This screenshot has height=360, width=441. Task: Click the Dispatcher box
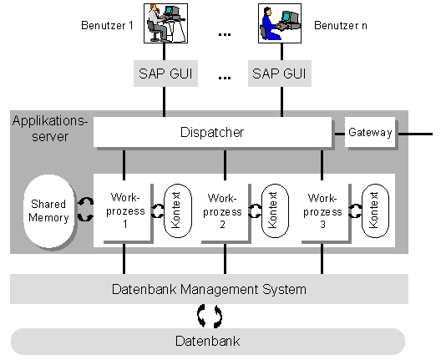coord(213,132)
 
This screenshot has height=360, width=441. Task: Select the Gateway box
coord(370,132)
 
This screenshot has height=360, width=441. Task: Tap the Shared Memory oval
coord(49,211)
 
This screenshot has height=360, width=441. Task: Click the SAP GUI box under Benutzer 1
coord(165,74)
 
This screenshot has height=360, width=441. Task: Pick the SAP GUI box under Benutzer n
coord(280,74)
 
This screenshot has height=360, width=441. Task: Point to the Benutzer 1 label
coord(107,26)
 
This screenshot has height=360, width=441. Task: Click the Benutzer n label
coord(341,26)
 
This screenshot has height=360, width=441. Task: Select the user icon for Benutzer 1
coord(165,23)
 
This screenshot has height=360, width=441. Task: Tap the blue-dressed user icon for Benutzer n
coord(280,23)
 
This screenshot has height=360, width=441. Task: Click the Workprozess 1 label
coord(125,210)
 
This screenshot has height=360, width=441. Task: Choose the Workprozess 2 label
coord(222,211)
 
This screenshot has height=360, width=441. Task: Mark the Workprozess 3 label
coord(322,211)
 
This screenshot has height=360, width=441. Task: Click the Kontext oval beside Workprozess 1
coord(178,210)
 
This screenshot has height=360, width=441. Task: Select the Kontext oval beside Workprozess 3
coord(376,210)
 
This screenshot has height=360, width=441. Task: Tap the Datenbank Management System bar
coord(210,289)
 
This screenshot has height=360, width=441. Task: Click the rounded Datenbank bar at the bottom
coord(208,342)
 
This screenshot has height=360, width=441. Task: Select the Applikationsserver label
coord(50,129)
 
